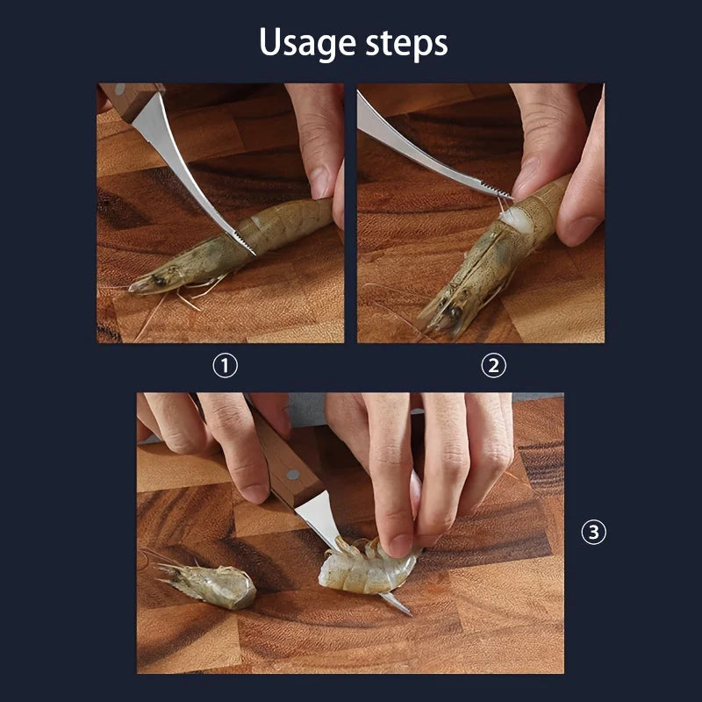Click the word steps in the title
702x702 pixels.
[x=406, y=44]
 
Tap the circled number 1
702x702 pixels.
[x=226, y=366]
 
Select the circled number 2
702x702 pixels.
[x=494, y=366]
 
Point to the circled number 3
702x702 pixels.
[x=594, y=532]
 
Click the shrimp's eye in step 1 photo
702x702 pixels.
[x=159, y=280]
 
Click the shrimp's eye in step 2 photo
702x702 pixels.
[x=455, y=312]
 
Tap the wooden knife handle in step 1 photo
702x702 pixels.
[x=130, y=99]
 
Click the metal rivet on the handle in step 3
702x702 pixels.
[x=293, y=475]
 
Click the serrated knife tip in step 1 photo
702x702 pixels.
[x=244, y=244]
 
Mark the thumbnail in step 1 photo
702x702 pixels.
[x=319, y=181]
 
